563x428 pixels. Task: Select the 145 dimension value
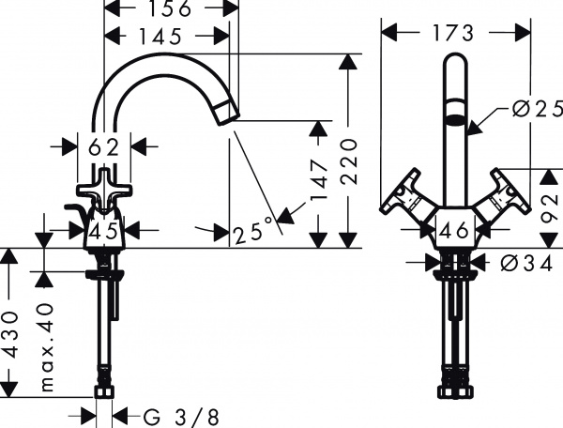(x=165, y=38)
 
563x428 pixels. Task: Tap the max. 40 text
(x=45, y=344)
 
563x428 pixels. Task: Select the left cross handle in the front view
(x=405, y=196)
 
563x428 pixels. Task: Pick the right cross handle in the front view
(x=503, y=196)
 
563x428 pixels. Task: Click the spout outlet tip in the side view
(x=229, y=114)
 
